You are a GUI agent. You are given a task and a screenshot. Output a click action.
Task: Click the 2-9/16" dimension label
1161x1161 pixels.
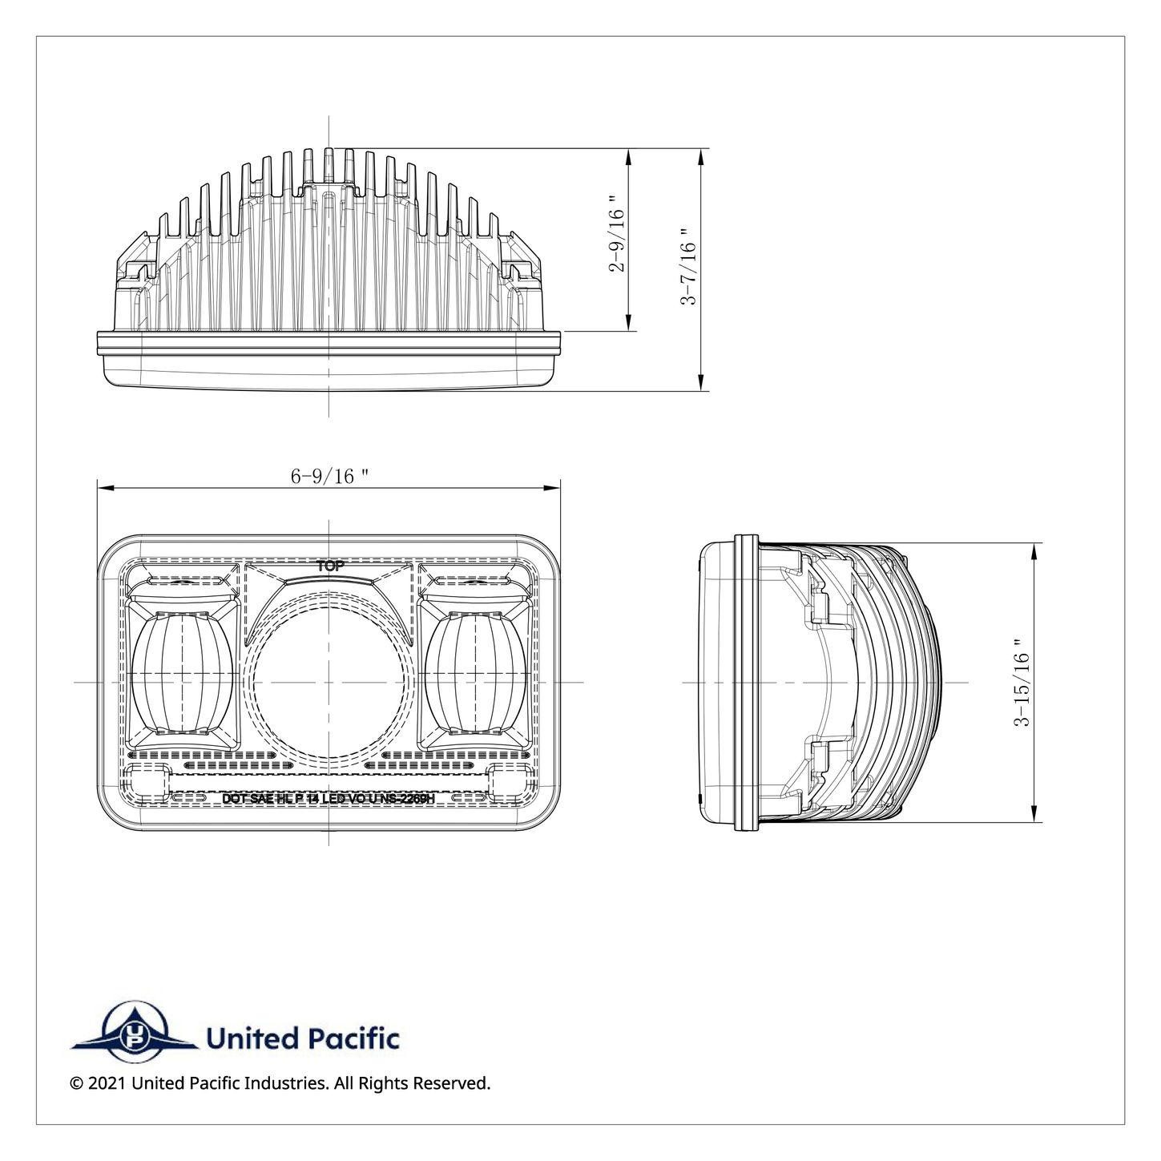615,233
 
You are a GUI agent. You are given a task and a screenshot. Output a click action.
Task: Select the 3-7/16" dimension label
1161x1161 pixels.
687,267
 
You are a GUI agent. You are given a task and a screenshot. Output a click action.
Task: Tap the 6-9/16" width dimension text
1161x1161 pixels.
329,476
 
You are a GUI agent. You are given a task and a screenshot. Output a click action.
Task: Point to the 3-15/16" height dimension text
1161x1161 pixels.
1022,682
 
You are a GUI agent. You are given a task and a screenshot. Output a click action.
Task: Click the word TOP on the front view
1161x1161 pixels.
330,566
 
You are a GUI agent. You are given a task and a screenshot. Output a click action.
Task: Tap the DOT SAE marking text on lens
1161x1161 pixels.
329,799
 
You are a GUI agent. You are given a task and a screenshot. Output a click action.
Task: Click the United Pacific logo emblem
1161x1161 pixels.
132,1038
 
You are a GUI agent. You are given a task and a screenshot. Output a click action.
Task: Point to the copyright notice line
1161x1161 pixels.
280,1083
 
